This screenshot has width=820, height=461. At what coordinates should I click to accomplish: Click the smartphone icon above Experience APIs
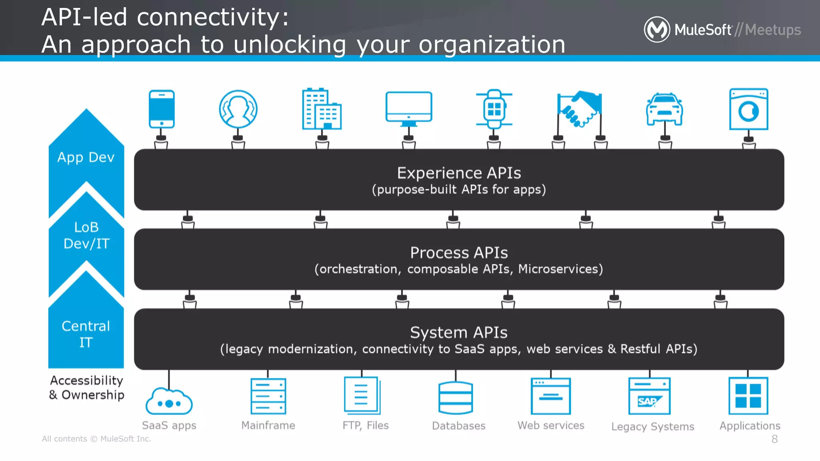pos(161,109)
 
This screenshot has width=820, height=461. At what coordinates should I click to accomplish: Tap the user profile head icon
pos(238,109)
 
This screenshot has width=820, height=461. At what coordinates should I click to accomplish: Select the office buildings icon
pos(322,109)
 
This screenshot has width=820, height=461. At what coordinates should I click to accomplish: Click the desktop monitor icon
pos(408,107)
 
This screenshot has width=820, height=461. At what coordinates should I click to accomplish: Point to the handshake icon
pos(579,109)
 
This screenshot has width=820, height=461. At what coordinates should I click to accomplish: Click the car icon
pos(665,109)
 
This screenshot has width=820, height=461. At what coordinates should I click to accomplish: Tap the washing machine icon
pos(748,109)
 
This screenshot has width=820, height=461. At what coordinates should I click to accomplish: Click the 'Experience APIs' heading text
pos(459,173)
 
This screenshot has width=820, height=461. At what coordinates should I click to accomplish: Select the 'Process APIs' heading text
pos(459,253)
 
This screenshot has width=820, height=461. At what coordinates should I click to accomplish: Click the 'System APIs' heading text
pos(459,333)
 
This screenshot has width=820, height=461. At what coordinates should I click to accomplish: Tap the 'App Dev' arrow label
pos(86,157)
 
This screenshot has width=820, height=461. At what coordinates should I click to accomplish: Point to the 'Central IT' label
pos(86,334)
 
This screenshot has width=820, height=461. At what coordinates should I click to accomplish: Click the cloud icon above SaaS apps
pos(169,402)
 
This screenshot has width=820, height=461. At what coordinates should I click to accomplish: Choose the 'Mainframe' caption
pos(268,425)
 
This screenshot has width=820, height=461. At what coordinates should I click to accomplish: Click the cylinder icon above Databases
pos(456,398)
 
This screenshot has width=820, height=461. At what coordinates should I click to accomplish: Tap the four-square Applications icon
pos(748,396)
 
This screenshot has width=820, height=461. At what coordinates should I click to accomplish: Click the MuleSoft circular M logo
pos(657,29)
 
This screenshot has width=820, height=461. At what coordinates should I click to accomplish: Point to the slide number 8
pos(775,439)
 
